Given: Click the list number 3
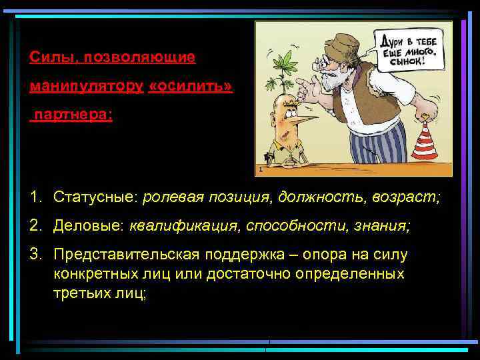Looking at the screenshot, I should pos(35,255).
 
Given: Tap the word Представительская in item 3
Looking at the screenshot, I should pos(121,255).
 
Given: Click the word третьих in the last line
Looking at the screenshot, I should pos(81,293).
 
